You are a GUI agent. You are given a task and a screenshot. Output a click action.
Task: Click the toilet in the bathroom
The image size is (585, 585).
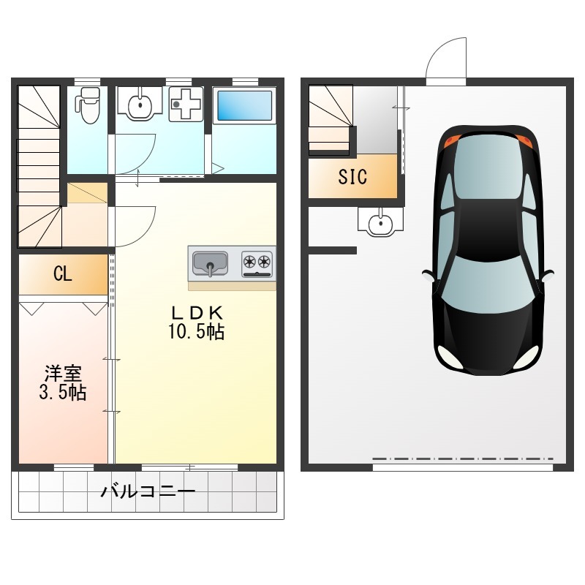click(x=88, y=105)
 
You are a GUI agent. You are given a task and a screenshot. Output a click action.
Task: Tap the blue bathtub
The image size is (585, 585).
click(x=244, y=105)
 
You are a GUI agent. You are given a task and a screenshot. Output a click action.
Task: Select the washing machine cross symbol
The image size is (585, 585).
click(x=186, y=104)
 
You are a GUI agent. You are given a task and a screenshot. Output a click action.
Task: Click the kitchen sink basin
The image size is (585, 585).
click(x=210, y=263)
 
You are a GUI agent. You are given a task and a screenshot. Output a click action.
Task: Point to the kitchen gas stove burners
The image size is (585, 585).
click(x=257, y=263)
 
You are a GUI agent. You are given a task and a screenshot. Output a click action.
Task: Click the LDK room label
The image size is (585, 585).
click(x=197, y=313)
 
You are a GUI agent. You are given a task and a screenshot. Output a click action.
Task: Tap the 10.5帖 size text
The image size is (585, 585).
click(x=196, y=331)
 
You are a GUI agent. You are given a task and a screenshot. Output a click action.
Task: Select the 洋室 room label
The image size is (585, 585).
click(x=63, y=373)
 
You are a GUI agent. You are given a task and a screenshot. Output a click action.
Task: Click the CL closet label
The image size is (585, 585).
click(x=63, y=273)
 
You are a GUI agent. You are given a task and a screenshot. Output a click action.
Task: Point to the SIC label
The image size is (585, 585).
click(x=352, y=176)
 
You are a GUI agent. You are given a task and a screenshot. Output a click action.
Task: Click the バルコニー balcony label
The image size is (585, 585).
click(x=148, y=491)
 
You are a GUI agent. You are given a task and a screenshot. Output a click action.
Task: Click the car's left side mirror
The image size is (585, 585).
click(x=428, y=276)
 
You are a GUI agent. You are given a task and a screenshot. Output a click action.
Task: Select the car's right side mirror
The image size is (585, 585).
click(x=548, y=276)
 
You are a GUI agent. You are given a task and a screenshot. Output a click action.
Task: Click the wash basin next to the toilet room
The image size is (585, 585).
click(x=140, y=105)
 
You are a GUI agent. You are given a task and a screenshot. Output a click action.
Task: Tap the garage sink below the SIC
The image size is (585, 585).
click(x=380, y=222)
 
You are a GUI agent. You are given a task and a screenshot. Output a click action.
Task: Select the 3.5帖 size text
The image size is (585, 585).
click(x=63, y=393)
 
